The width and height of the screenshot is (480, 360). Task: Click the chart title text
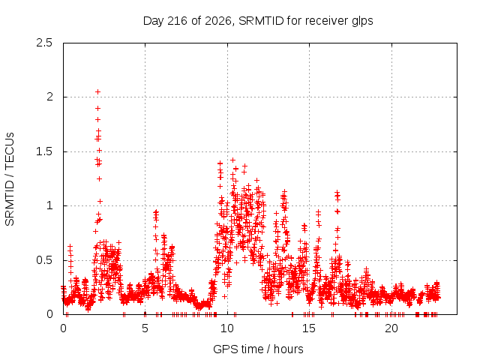258,21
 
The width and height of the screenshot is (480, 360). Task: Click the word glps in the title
362,22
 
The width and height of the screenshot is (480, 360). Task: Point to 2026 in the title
217,21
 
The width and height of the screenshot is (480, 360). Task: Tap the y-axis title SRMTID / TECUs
10,179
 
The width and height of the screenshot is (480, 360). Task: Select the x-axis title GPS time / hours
258,349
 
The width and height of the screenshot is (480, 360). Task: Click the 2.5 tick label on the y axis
44,43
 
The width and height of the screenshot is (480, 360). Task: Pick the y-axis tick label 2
49,97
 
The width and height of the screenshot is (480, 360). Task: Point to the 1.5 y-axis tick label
44,151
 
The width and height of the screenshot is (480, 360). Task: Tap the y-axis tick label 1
49,205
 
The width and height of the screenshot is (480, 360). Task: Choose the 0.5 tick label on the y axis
44,260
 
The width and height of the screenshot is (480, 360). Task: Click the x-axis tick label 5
145,328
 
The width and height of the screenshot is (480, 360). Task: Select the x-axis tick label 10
227,328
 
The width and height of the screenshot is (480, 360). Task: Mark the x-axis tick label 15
309,328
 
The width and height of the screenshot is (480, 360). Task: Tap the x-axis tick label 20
391,328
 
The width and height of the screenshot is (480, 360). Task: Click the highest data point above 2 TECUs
97,91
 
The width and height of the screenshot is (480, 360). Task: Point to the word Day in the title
154,22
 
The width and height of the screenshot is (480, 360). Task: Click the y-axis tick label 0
49,314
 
